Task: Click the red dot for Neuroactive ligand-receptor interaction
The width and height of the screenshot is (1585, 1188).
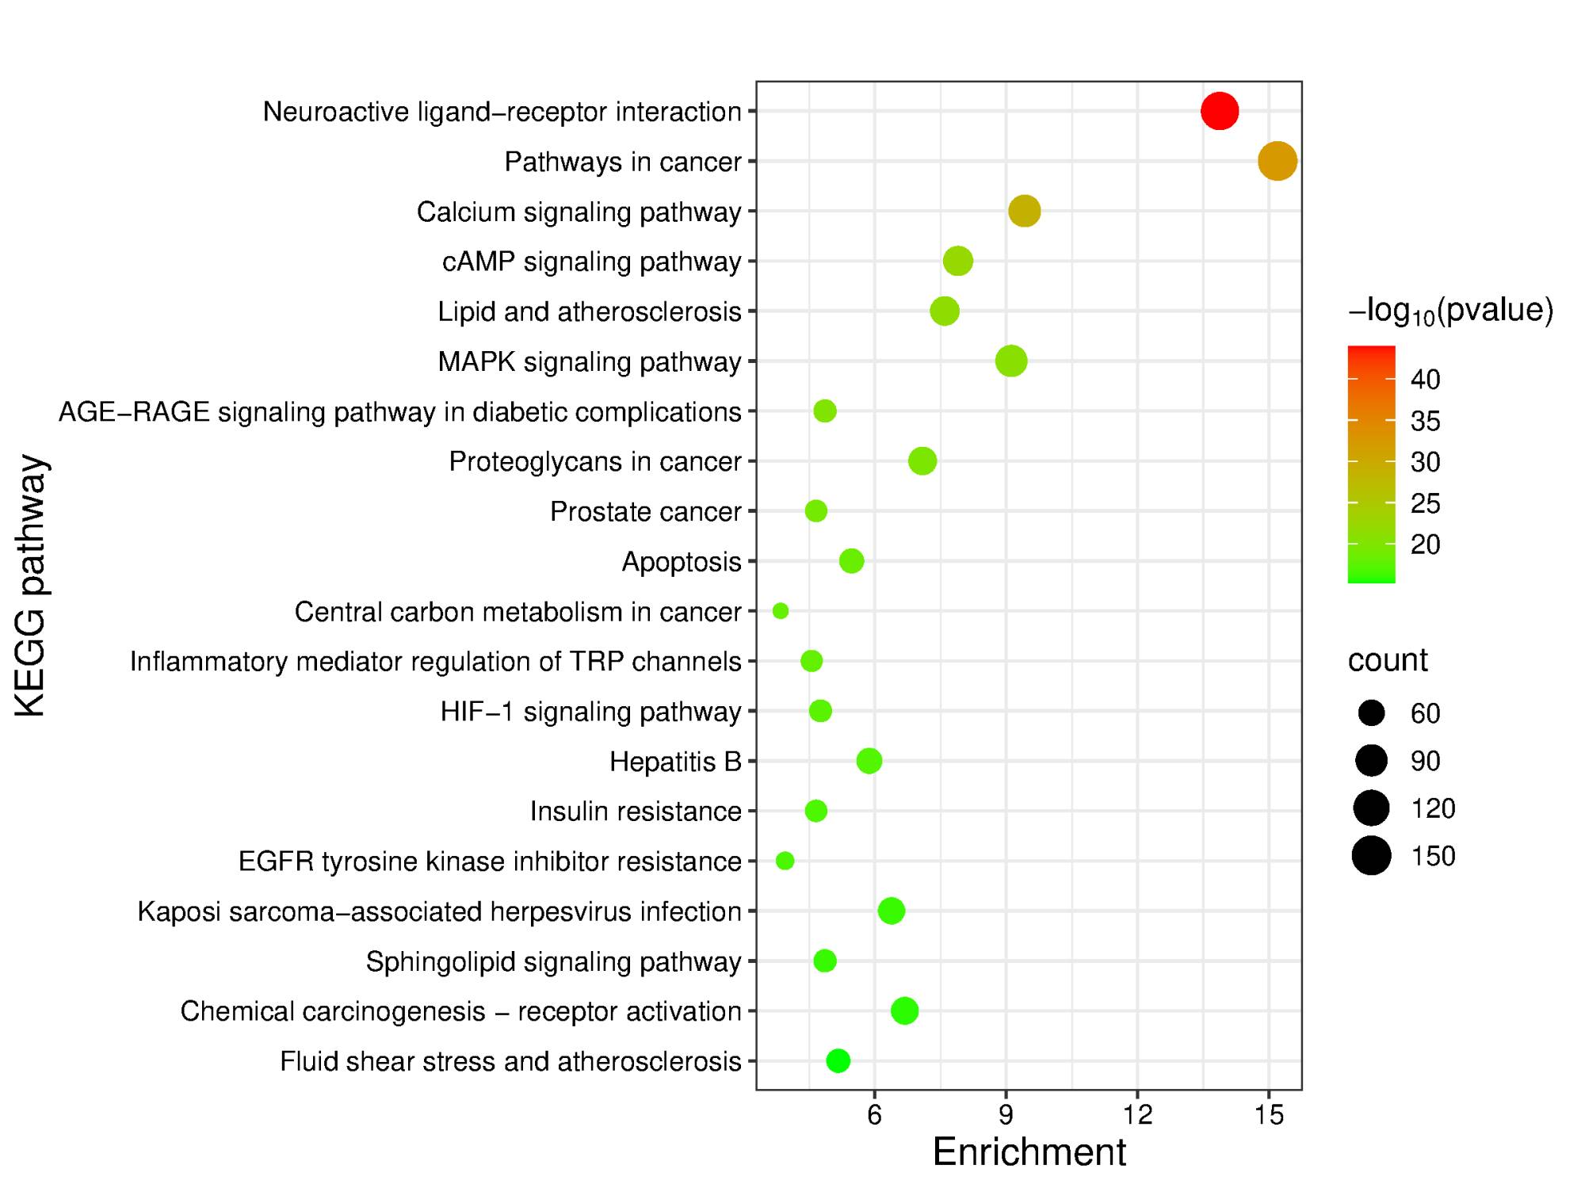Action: coord(1219,111)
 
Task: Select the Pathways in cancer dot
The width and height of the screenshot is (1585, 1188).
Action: coord(1277,161)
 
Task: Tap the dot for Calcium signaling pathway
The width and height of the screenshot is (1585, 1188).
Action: coord(1024,211)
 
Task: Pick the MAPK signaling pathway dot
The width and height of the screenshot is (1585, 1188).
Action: coord(1010,361)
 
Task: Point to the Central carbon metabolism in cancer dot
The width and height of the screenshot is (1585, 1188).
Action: coord(781,611)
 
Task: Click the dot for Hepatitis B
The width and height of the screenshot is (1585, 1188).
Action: coord(869,761)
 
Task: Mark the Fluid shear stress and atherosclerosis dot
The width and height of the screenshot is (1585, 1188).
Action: coord(838,1060)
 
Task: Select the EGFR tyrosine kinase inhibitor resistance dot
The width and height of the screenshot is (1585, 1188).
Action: coord(785,861)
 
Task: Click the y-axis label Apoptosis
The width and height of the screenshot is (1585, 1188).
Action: coord(681,562)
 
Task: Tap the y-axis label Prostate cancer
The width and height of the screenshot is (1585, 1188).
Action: coord(645,512)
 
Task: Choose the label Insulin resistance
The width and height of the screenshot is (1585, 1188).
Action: coord(635,812)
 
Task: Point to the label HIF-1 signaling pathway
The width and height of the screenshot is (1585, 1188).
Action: coord(590,712)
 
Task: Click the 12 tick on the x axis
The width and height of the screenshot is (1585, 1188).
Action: coord(1137,1115)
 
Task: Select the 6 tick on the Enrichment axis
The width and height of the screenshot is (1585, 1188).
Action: coord(874,1115)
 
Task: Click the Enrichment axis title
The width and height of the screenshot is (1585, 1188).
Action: coord(1029,1152)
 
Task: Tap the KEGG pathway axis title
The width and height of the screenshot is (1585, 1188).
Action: coord(32,586)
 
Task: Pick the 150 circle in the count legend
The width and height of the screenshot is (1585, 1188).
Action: coord(1371,856)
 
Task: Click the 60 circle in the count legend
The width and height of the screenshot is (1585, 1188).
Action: coord(1371,713)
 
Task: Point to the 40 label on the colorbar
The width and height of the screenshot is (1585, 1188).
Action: coord(1425,380)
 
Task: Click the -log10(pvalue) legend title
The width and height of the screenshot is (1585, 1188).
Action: coord(1450,311)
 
